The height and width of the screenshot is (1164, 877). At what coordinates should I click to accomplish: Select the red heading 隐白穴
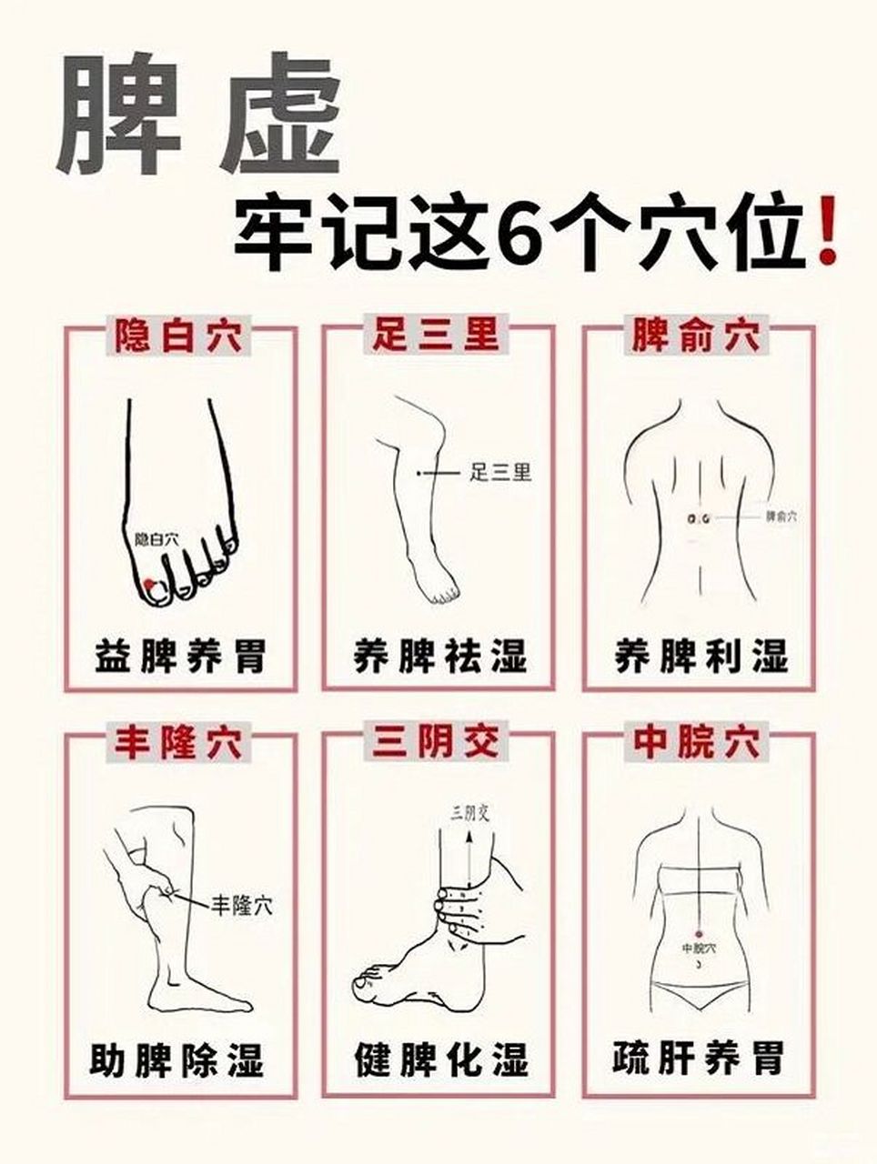coord(178,336)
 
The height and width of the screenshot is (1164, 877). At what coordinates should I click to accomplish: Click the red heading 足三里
coord(436,336)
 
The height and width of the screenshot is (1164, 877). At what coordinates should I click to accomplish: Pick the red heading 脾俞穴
coord(697,336)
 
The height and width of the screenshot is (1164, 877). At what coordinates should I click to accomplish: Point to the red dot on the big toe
coord(149,583)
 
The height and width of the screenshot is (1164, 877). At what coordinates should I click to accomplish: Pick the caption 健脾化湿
coord(439,1060)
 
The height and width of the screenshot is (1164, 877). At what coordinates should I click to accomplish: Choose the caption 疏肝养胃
coord(698,1060)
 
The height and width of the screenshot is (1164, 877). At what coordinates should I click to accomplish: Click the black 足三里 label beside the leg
coord(500,472)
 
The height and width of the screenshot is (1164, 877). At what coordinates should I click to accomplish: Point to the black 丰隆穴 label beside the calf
coord(241,905)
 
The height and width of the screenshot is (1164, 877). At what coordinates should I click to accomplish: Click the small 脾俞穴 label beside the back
coord(781,516)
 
